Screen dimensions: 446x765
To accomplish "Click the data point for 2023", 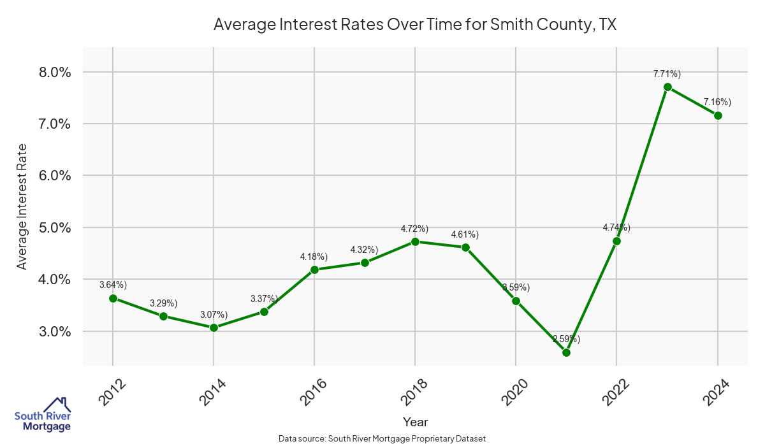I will pos(667,87).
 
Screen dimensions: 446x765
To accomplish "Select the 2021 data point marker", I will pos(566,352).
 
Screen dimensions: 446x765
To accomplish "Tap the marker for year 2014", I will pos(214,327).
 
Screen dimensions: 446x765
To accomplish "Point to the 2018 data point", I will pos(415,241).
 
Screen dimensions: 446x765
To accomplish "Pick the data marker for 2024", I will pos(718,115).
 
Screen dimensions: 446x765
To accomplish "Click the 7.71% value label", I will pos(667,74).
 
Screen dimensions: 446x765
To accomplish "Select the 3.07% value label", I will pos(214,315).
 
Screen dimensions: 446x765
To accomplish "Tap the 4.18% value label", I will pos(314,257).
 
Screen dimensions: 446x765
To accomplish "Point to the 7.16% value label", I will pos(717,102).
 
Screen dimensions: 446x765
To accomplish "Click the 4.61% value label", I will pos(465,234).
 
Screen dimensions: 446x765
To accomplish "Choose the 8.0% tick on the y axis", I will pos(52,72).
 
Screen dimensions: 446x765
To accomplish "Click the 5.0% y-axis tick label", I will pos(52,227).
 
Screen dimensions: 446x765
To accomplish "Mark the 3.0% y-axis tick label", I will pos(52,331).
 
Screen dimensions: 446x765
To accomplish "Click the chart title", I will pos(415,25).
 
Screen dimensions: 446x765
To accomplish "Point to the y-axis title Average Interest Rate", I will pos(22,206).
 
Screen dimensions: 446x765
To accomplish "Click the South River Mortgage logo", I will pos(42,414).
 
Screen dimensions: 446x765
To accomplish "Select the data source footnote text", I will pos(382,438).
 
